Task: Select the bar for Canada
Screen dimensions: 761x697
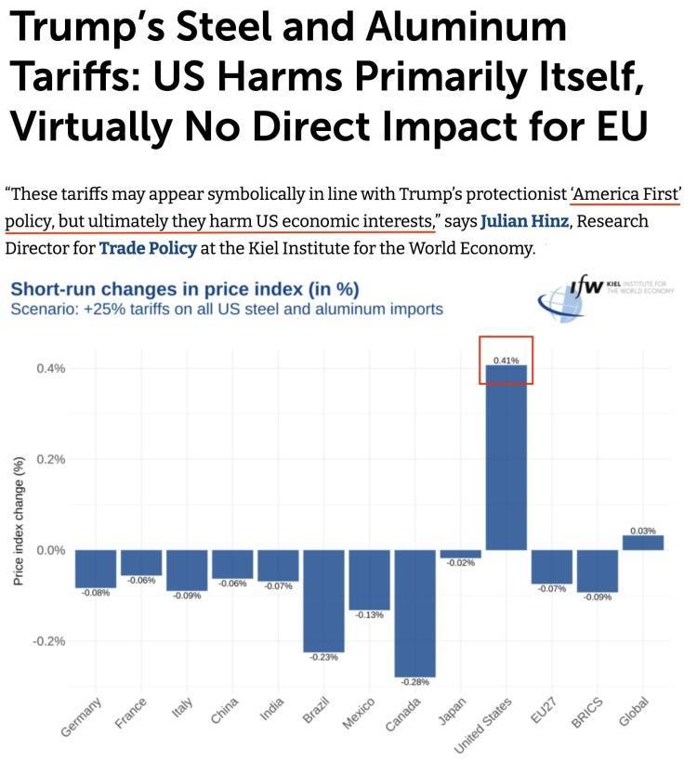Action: (x=415, y=613)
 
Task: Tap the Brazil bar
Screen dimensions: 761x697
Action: (x=323, y=600)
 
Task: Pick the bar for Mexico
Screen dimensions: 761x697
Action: (x=369, y=579)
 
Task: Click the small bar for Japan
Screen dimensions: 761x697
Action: (x=461, y=554)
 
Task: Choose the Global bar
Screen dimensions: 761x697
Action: (x=643, y=543)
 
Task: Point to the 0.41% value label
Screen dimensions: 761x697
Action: (x=506, y=359)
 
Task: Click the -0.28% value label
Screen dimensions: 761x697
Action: (x=415, y=683)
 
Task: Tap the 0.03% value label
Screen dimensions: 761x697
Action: (x=643, y=531)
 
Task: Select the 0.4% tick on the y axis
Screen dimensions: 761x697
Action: (x=51, y=369)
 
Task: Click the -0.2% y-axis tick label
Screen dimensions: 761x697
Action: (x=49, y=641)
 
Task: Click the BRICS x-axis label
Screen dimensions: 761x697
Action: (x=593, y=714)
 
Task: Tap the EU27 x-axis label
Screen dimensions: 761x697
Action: (x=549, y=713)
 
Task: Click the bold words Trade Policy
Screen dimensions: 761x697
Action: (x=141, y=249)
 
